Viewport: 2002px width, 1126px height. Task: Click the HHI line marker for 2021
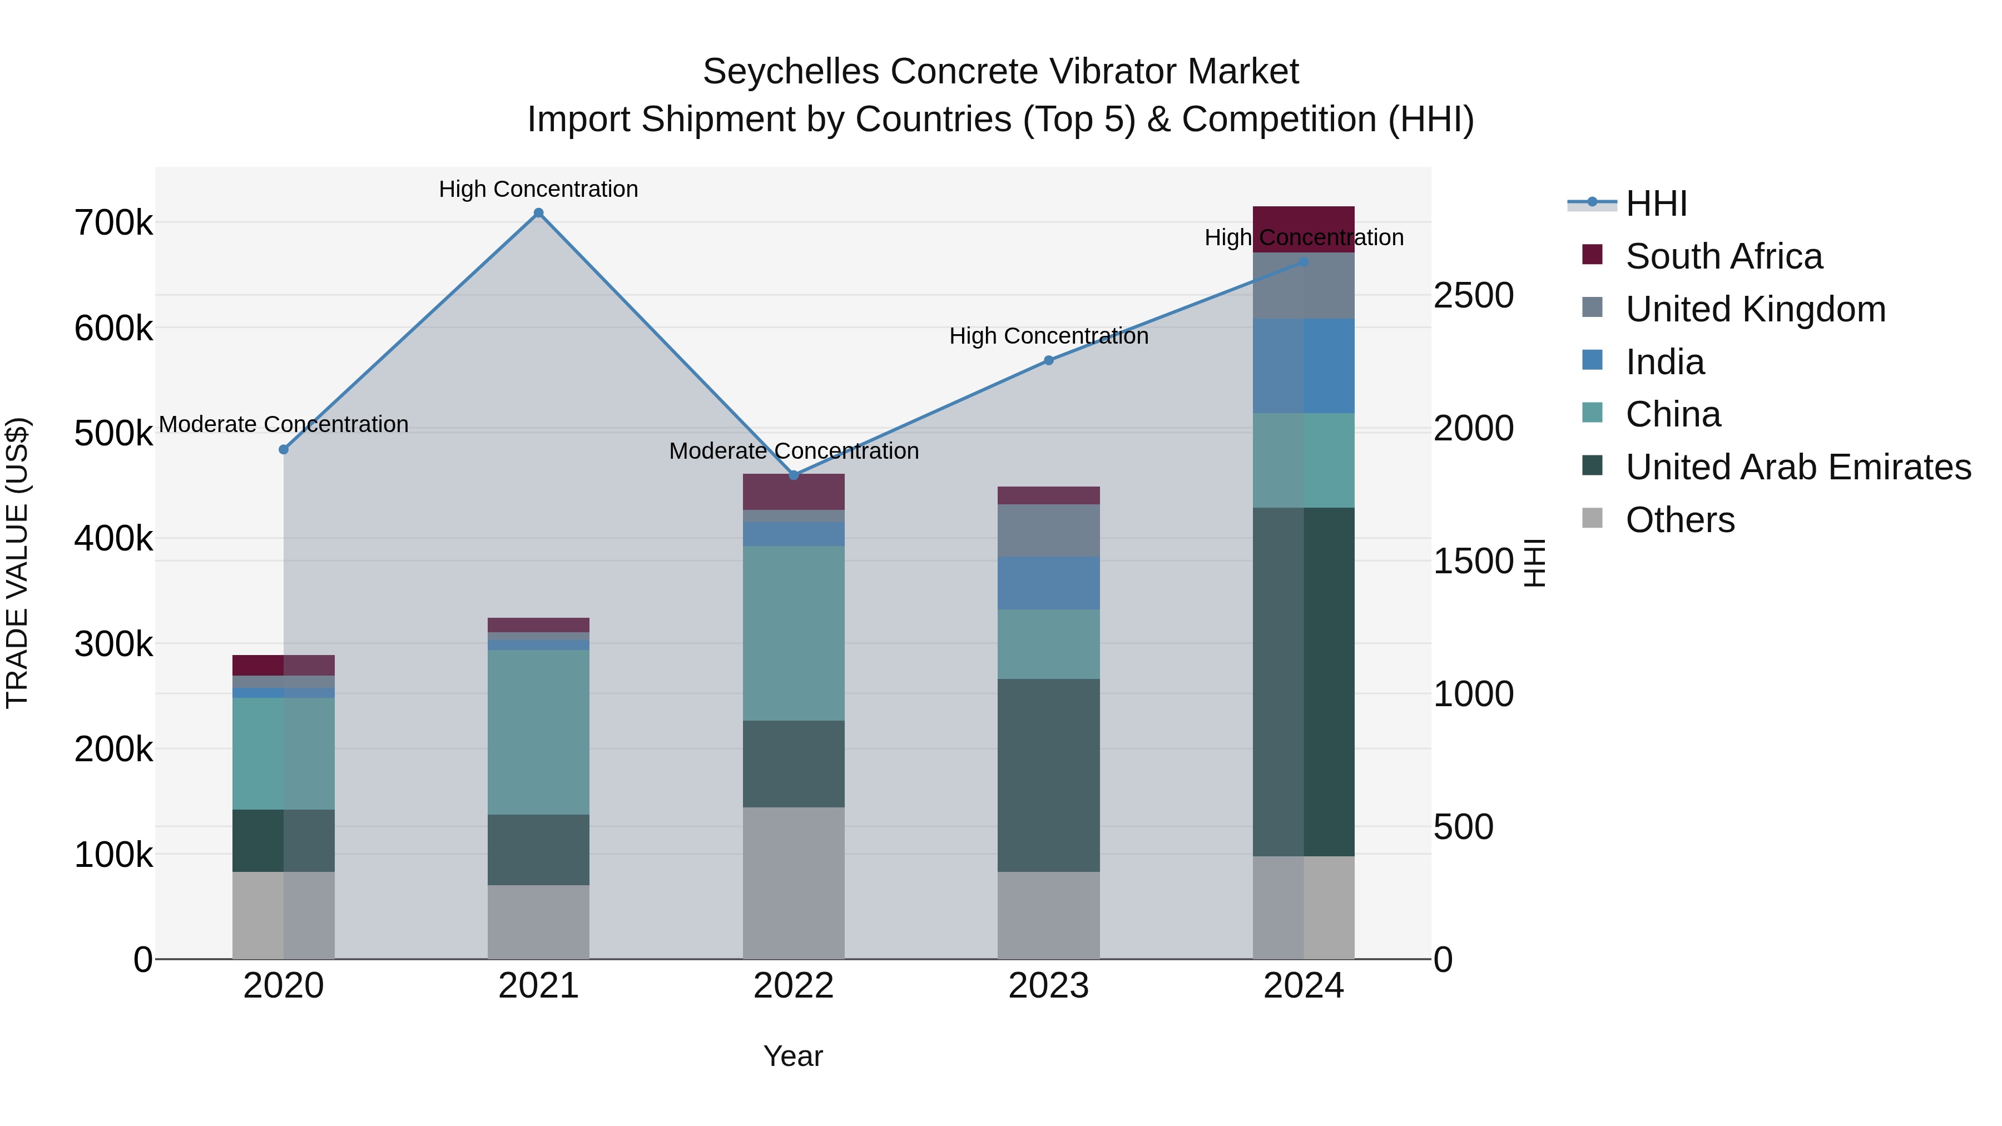pos(538,213)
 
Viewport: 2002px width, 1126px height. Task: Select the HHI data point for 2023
pos(1048,360)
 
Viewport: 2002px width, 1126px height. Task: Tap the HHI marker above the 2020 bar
pos(284,450)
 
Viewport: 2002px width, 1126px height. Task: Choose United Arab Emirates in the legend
pos(1797,467)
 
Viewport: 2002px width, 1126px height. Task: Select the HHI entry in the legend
pos(1656,204)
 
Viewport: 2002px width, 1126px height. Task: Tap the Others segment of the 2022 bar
pos(794,883)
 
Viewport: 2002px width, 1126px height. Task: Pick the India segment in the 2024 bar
pos(1304,366)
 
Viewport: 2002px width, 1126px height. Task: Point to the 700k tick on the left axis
pos(113,224)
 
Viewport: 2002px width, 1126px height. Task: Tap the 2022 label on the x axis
pos(794,986)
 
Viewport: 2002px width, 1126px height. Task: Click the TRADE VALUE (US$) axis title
pos(17,563)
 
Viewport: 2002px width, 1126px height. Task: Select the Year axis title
pos(792,1056)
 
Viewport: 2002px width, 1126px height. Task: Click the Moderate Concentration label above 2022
pos(794,451)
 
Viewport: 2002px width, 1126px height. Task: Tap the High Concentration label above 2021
pos(538,189)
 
